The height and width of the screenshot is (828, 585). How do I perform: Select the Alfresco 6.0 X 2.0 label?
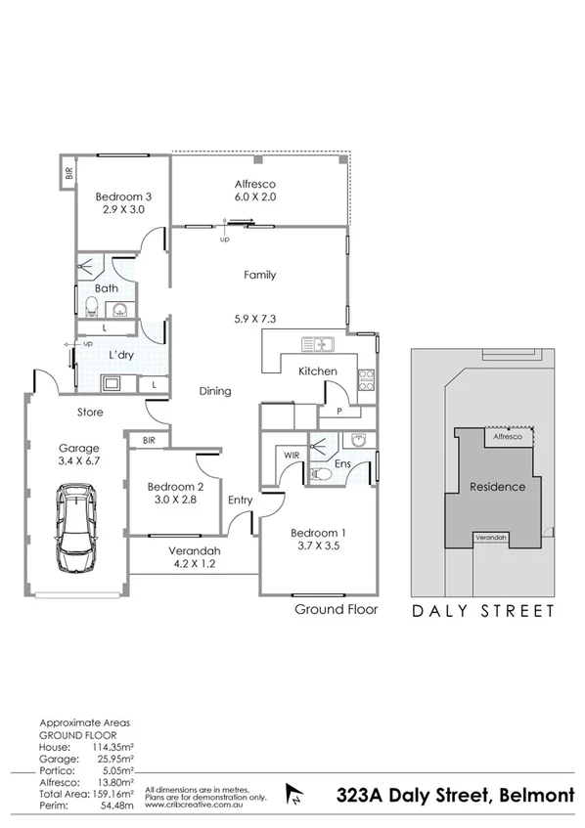255,190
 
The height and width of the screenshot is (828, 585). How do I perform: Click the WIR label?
292,456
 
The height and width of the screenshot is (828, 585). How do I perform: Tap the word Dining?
214,391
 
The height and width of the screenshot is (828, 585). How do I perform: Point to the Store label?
91,413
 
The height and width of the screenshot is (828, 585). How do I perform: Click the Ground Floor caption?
336,609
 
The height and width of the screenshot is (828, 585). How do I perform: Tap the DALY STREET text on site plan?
482,612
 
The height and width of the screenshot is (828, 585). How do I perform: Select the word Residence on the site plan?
498,487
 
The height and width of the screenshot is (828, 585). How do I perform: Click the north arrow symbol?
291,792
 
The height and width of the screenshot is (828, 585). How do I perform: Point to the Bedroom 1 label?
318,540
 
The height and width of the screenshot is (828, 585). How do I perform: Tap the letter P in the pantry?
337,413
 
